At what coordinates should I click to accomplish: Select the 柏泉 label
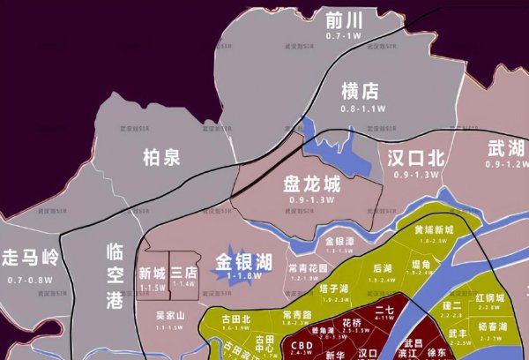point(161,158)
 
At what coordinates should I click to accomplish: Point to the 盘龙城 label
point(311,184)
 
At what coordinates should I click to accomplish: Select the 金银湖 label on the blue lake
point(243,261)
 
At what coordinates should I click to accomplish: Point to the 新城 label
point(153,274)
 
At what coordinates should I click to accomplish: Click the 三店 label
point(183,274)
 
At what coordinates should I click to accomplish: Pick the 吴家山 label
point(170,315)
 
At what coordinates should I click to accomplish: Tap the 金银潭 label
point(339,241)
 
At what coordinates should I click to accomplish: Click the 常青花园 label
point(308,267)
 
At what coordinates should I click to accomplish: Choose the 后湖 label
point(382,268)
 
